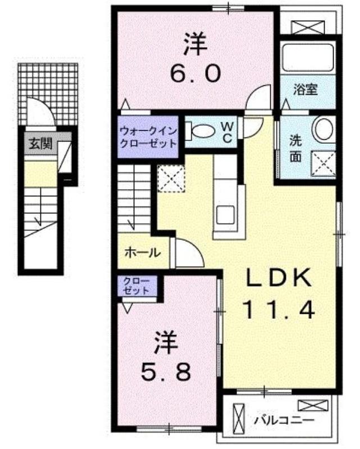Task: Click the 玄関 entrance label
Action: [x=40, y=144]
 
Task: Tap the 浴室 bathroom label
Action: [x=305, y=90]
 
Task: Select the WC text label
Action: [x=227, y=132]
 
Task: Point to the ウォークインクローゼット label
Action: [x=148, y=136]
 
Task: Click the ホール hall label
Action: [x=143, y=253]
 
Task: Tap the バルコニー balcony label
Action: [x=285, y=420]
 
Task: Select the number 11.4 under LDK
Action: [x=279, y=310]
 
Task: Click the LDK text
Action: [x=279, y=277]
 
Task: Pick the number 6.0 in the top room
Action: [x=195, y=74]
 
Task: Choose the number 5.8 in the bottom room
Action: [x=166, y=372]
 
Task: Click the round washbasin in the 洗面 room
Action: [x=324, y=130]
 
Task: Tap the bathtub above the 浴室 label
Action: [x=307, y=57]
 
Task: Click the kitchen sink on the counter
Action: [x=226, y=215]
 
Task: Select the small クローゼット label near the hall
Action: [x=136, y=286]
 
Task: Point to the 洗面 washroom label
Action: [x=295, y=149]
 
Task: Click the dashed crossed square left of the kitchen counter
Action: [x=171, y=178]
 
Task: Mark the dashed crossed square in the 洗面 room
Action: [x=323, y=163]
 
